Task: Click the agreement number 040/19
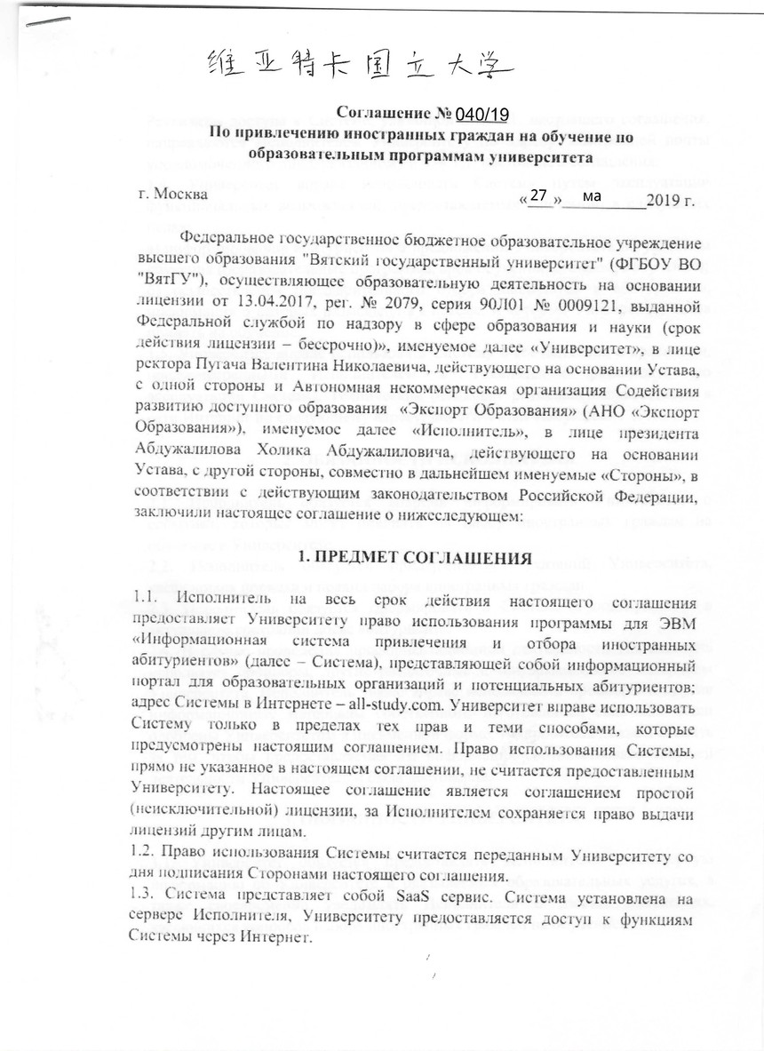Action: point(481,114)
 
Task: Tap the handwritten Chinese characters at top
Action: point(359,63)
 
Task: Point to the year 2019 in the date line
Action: point(666,195)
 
